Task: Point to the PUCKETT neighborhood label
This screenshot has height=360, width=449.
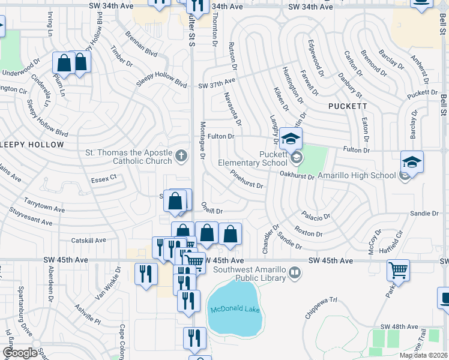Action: (348, 106)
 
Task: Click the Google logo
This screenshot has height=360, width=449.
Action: (20, 352)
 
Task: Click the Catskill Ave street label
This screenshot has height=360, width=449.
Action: (88, 240)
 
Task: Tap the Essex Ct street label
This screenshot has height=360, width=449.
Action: (103, 178)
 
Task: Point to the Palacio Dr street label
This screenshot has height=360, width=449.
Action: (316, 216)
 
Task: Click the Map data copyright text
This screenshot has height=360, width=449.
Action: (423, 355)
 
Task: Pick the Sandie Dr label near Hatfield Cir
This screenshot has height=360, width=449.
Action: (424, 214)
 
